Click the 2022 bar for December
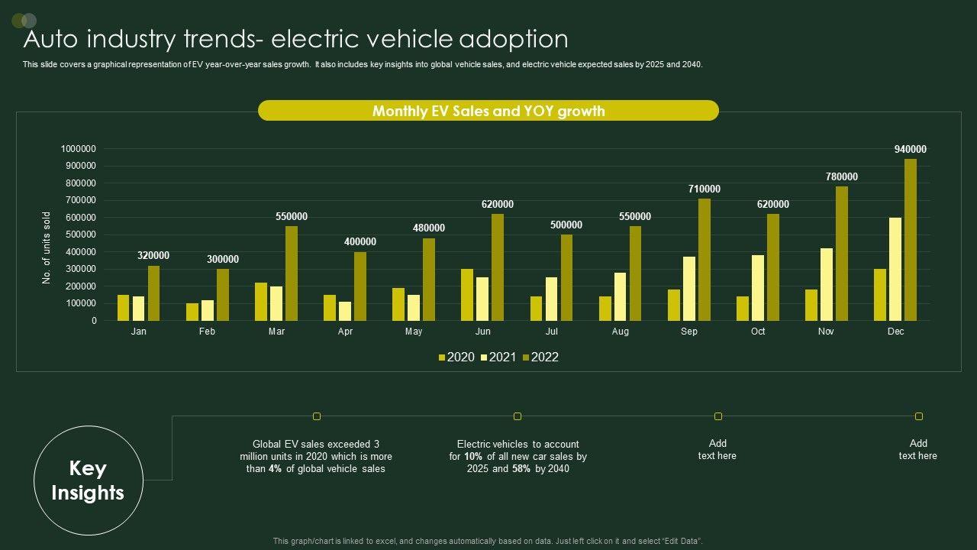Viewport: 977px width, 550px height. coord(911,240)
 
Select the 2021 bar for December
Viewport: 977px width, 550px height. coord(895,269)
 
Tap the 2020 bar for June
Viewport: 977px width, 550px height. coord(467,295)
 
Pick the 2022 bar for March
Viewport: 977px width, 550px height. coord(292,273)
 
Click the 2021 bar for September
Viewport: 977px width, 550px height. coord(689,289)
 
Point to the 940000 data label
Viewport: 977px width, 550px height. coord(911,150)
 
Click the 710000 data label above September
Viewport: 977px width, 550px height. coord(704,189)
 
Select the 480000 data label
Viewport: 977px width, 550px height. coord(429,228)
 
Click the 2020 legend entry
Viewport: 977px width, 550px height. coord(456,357)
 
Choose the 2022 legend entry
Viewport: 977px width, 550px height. coord(540,357)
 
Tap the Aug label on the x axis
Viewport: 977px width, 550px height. coord(621,332)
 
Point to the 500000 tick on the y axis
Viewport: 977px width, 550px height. coord(79,235)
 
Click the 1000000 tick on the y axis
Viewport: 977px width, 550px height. coord(79,149)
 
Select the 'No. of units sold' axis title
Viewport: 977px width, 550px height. coord(47,248)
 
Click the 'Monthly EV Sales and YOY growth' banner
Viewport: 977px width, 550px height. coord(488,111)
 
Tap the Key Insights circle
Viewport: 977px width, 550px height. coord(89,480)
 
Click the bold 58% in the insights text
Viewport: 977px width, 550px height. coord(522,469)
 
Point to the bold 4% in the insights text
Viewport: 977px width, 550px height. coord(276,469)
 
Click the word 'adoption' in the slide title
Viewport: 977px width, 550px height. coord(514,39)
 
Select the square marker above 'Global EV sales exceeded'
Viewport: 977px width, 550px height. coord(317,416)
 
